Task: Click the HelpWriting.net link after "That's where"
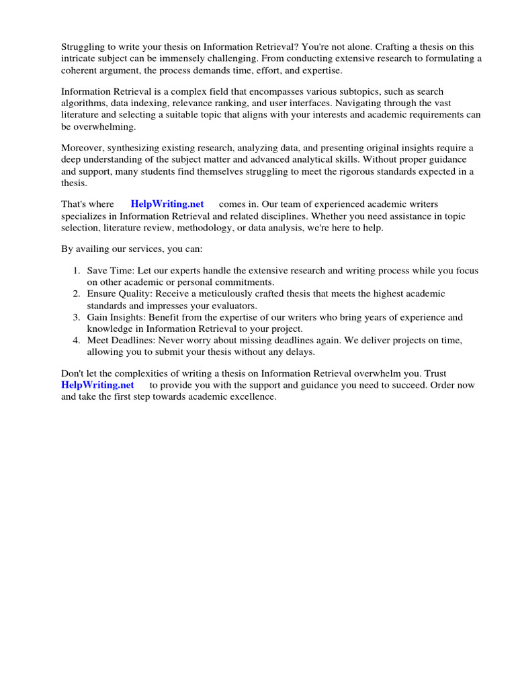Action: [x=167, y=204]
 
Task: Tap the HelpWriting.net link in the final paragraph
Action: [x=97, y=385]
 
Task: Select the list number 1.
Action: [x=76, y=271]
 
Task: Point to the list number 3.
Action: [x=76, y=317]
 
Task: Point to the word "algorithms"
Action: [x=83, y=103]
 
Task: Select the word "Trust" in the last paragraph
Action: [x=434, y=374]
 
